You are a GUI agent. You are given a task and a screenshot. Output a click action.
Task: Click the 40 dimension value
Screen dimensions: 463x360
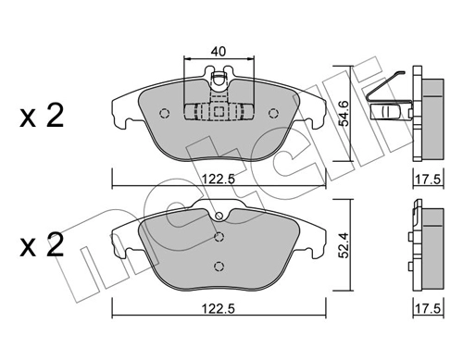click(219, 51)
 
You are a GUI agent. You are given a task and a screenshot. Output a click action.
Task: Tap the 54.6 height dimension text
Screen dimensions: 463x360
click(343, 113)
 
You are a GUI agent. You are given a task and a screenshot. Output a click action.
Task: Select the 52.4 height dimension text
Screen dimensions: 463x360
click(343, 244)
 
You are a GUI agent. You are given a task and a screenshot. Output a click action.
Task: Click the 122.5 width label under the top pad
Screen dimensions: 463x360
click(219, 179)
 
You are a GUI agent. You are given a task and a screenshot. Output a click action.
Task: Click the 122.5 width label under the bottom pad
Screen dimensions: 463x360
click(219, 308)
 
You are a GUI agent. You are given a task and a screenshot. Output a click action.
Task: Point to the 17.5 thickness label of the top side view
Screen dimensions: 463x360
click(428, 179)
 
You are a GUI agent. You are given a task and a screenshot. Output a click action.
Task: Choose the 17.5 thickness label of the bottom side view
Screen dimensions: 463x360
click(428, 308)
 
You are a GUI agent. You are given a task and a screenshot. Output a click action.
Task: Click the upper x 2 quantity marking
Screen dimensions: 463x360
click(42, 116)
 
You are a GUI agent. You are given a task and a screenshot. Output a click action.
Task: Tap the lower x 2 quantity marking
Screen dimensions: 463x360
click(42, 245)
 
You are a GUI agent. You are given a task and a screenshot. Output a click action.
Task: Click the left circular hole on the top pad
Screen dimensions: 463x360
click(165, 113)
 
